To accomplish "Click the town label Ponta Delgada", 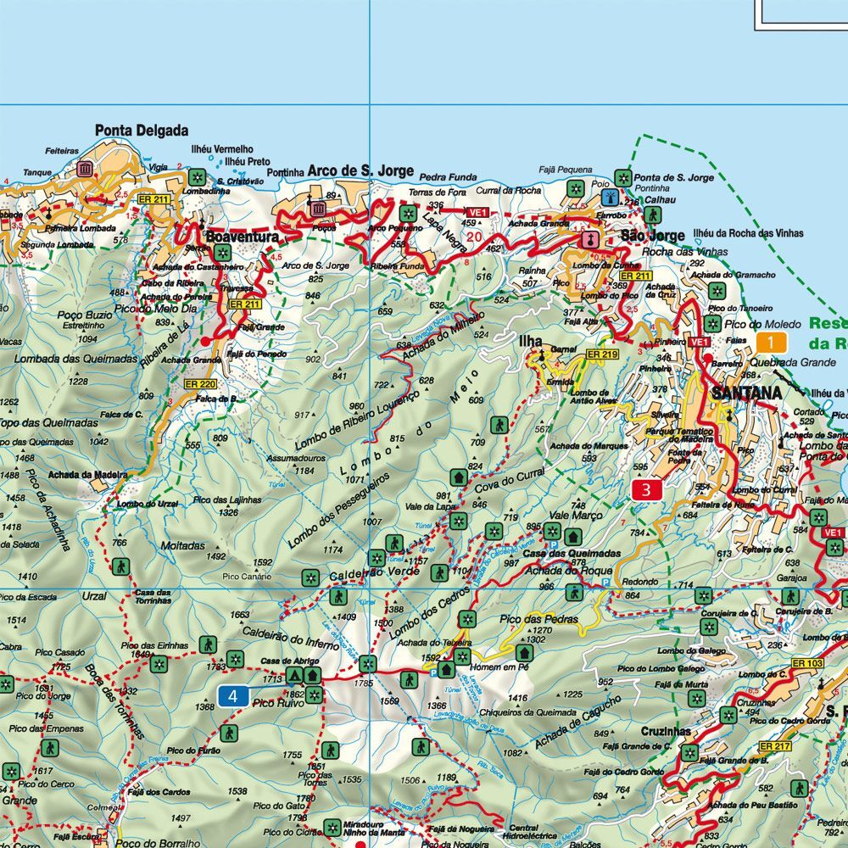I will tap(142, 131).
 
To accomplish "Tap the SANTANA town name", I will tap(745, 393).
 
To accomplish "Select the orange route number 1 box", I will tap(770, 343).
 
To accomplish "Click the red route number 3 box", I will tap(647, 489).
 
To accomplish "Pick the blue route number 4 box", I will tap(233, 697).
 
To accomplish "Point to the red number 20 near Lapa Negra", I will tap(474, 237).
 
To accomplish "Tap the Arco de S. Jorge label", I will tap(360, 170).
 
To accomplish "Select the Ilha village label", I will tap(531, 341).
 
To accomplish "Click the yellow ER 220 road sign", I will tap(204, 384).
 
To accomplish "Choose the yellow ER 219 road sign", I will tap(603, 354).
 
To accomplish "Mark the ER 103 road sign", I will tap(807, 662).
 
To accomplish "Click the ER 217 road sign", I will tap(775, 746).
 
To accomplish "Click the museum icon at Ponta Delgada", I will tap(84, 169).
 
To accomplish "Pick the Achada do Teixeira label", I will tap(434, 643).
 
